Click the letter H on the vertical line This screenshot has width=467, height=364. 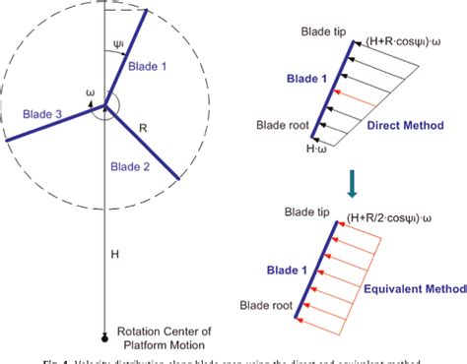[x=112, y=254]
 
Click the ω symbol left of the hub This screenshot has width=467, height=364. [x=90, y=95]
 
